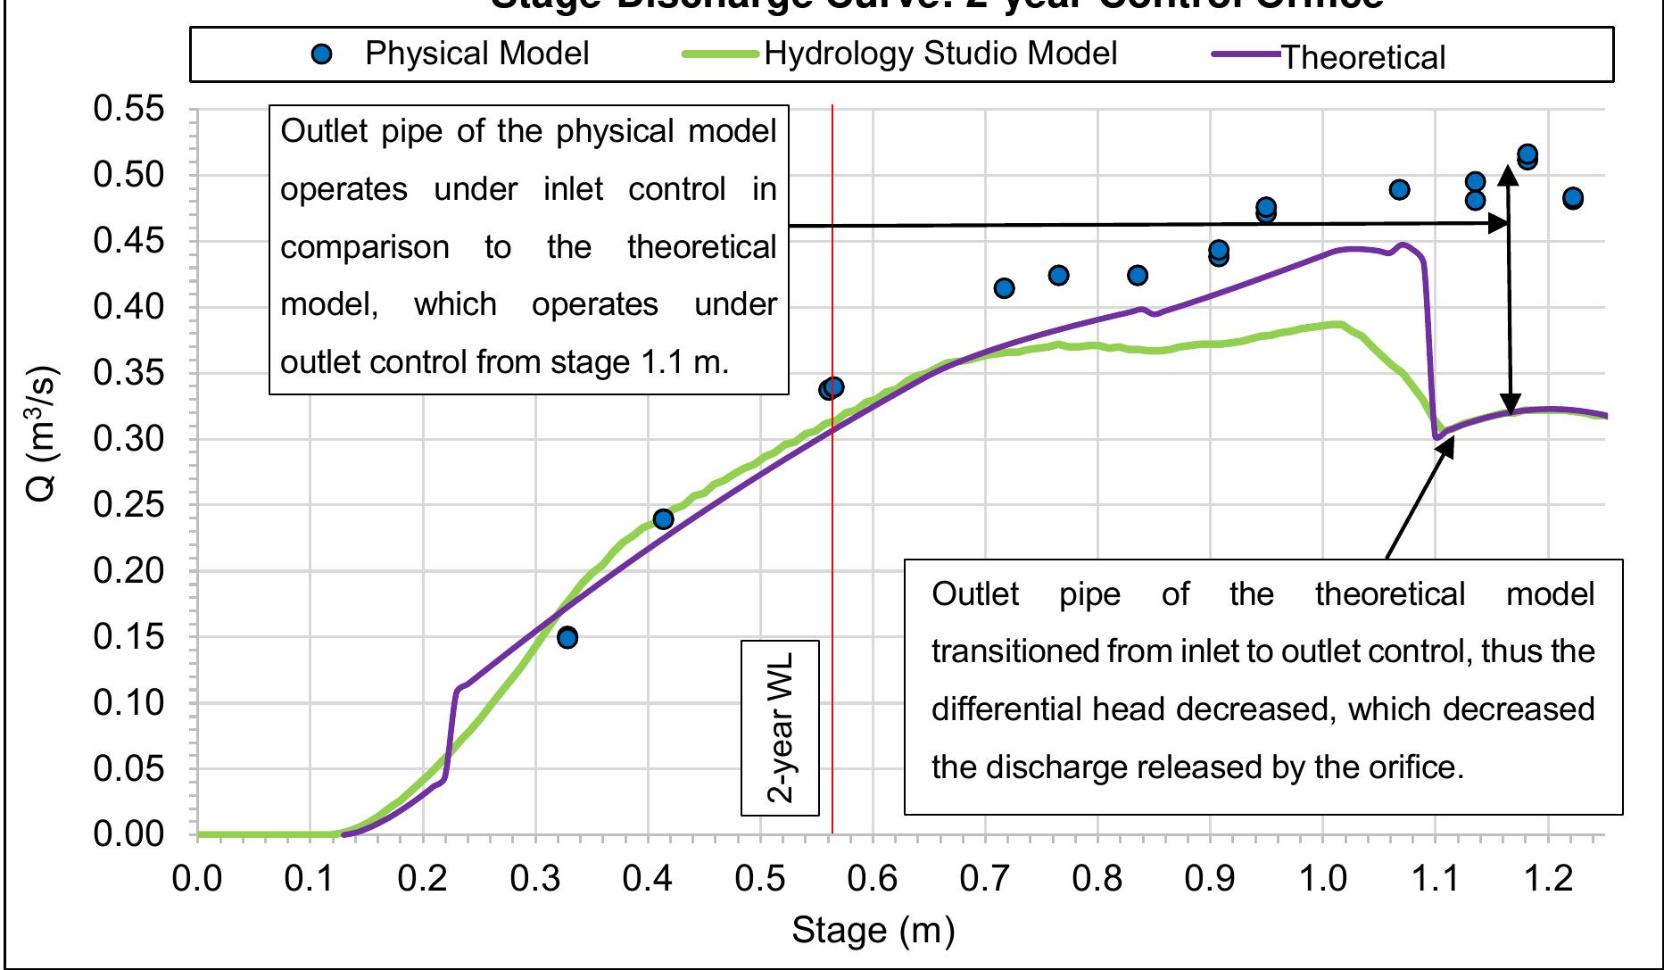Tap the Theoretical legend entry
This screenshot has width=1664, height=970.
pyautogui.click(x=1329, y=57)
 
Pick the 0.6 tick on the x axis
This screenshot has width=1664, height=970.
pyautogui.click(x=873, y=880)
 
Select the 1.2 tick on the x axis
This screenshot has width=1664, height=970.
pyautogui.click(x=1548, y=880)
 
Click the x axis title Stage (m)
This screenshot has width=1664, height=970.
pyautogui.click(x=873, y=931)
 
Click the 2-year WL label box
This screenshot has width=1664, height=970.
pyautogui.click(x=780, y=727)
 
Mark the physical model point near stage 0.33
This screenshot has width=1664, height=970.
pyautogui.click(x=567, y=637)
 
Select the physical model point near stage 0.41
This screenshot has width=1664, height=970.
pyautogui.click(x=663, y=519)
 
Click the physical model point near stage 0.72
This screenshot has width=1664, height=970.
pyautogui.click(x=1004, y=288)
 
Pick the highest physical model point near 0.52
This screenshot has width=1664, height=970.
pyautogui.click(x=1527, y=154)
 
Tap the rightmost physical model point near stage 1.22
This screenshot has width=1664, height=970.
pyautogui.click(x=1573, y=198)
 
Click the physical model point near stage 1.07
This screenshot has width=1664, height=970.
pyautogui.click(x=1400, y=189)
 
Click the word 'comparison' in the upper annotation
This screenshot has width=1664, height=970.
pyautogui.click(x=364, y=247)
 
